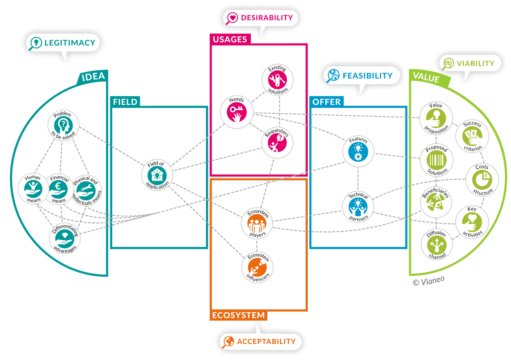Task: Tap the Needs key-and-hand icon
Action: click(x=236, y=112)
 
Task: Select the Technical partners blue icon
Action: click(x=358, y=208)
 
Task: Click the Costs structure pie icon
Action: click(x=482, y=180)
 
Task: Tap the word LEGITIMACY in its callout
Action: click(x=70, y=43)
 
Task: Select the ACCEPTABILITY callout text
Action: click(x=266, y=342)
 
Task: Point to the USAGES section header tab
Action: click(x=230, y=39)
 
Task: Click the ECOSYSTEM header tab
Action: click(x=238, y=315)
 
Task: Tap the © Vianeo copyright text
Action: click(x=428, y=281)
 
